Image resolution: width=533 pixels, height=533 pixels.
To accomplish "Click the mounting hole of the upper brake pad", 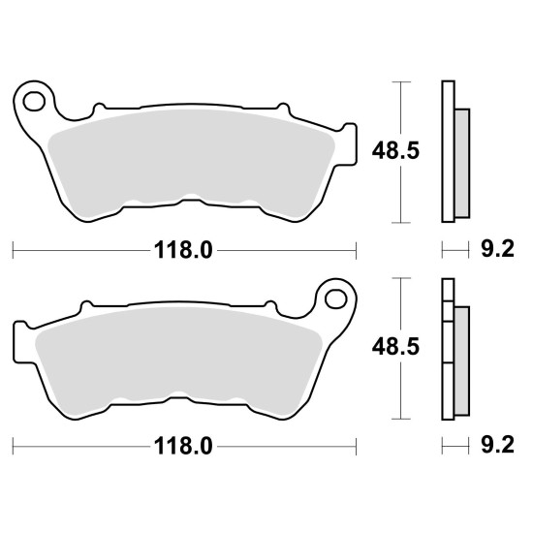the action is coord(34,102).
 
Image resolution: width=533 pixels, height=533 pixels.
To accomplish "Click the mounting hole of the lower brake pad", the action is coord(336,299).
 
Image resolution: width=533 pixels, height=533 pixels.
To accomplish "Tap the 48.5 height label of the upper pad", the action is coord(395,150).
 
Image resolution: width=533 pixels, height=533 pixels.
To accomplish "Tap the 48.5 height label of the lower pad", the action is coord(395,347).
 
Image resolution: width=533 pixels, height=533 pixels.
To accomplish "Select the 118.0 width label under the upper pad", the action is coord(183,251).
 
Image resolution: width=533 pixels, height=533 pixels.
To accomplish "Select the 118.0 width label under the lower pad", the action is coord(183,446).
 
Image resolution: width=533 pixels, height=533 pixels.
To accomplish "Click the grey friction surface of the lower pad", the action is coord(178,357).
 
